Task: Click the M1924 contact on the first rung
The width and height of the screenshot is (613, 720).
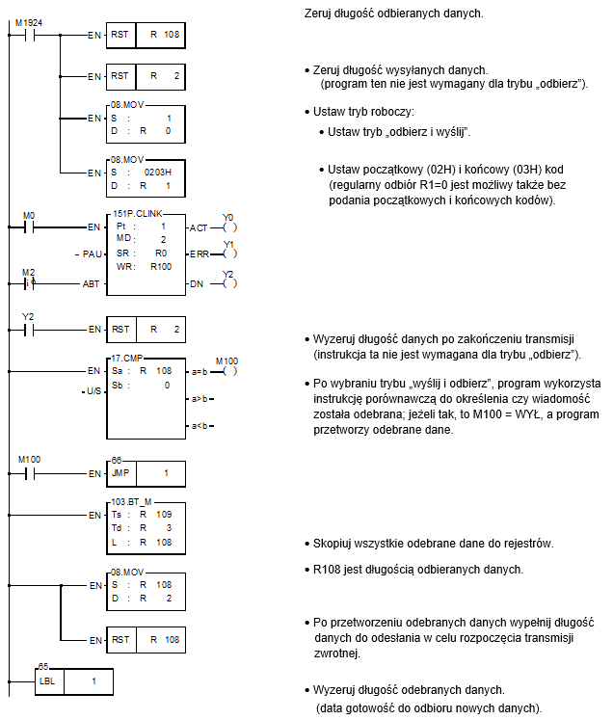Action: tap(30, 35)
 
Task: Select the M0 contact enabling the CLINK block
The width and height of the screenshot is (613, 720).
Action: tap(30, 227)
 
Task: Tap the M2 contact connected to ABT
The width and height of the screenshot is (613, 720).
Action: tap(30, 283)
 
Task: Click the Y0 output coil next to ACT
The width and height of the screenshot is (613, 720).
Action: tap(229, 227)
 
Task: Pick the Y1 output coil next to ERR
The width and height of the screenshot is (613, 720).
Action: tap(229, 253)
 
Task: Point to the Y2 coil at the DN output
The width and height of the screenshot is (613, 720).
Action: tap(229, 283)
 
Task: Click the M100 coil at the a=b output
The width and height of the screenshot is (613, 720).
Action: tap(229, 371)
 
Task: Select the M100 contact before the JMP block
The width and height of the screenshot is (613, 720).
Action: tap(30, 473)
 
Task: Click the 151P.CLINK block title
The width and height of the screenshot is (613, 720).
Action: tap(138, 214)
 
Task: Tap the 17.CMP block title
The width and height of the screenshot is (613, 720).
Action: tap(127, 359)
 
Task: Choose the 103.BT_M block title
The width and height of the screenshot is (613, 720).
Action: tap(131, 502)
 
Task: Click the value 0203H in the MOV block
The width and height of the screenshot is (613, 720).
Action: tap(157, 173)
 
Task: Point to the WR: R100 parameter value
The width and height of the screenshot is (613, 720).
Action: tap(161, 266)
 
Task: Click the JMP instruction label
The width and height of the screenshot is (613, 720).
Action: tap(120, 473)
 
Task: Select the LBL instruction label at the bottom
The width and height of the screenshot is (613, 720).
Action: tap(47, 681)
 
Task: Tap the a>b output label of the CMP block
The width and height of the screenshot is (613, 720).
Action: tap(200, 399)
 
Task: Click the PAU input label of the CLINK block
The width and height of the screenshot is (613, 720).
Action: tap(92, 253)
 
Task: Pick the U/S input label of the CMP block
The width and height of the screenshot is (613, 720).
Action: tap(93, 391)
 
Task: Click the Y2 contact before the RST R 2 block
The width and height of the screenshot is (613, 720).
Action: tap(30, 330)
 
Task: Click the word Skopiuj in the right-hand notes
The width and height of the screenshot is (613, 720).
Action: tap(330, 544)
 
